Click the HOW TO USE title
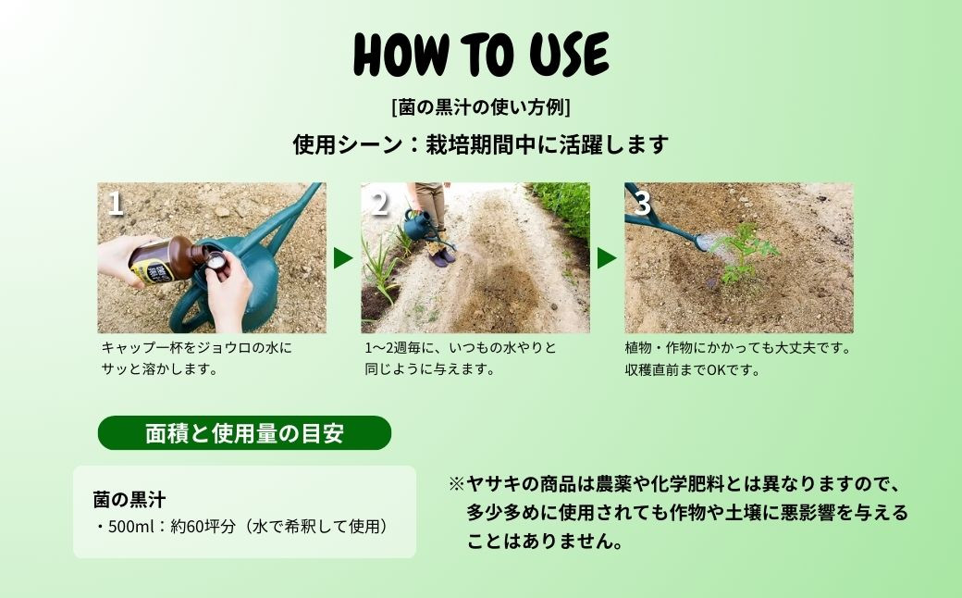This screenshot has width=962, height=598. tap(481, 56)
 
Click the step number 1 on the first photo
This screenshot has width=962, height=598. tap(116, 204)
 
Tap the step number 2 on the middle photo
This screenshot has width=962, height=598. tap(380, 204)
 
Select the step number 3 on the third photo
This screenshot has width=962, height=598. tap(642, 204)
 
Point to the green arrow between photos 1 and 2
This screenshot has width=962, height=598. tap(343, 258)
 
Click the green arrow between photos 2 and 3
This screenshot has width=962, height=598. tap(607, 258)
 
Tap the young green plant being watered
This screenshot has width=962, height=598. tap(747, 253)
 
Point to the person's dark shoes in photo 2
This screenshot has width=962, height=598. tap(443, 257)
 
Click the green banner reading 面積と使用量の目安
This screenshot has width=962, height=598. tap(244, 433)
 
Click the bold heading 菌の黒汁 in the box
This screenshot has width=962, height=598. tap(129, 500)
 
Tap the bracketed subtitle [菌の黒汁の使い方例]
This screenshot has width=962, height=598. tap(481, 107)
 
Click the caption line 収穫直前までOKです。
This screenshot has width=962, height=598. tap(693, 370)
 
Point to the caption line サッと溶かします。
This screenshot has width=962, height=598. tap(160, 369)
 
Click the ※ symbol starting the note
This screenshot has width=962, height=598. tap(456, 484)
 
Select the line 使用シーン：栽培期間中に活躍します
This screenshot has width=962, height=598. tap(481, 145)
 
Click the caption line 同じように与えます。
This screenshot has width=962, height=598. tap(430, 369)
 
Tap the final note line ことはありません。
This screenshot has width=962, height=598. tap(546, 541)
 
